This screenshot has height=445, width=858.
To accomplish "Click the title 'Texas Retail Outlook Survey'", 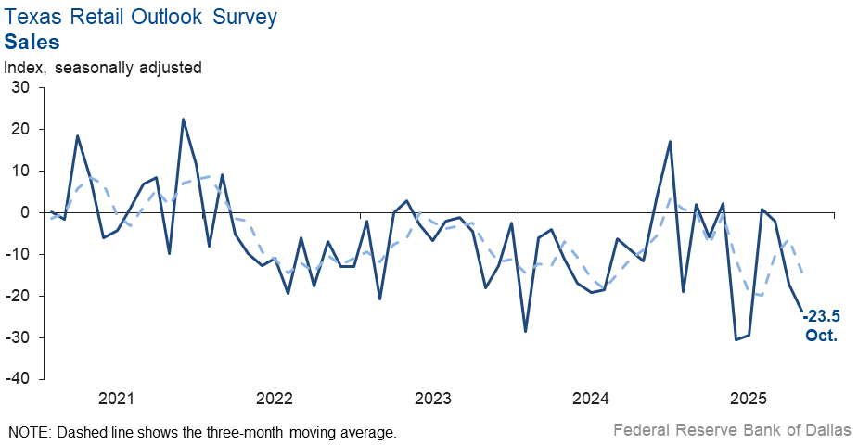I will tap(141, 19).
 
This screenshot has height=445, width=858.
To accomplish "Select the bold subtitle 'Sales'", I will tap(32, 42).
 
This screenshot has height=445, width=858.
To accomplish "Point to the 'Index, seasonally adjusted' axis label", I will tap(103, 68).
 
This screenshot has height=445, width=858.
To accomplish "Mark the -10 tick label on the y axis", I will tap(18, 254).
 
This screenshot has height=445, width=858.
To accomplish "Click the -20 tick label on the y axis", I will tap(18, 296).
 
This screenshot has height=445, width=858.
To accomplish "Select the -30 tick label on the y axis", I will tap(18, 337).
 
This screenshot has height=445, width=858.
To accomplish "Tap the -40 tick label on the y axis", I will tap(18, 379).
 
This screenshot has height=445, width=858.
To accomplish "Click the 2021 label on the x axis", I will tap(116, 400).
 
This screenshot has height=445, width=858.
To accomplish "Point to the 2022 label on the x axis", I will tap(275, 400).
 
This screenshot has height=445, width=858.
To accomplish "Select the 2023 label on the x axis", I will tap(432, 400).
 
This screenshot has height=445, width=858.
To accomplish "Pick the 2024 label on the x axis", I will tap(591, 400).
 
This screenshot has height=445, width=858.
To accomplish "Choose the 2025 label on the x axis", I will tap(749, 400).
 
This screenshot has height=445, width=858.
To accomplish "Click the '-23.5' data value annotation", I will tap(820, 317).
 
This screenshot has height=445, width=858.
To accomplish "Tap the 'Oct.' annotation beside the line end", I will tap(821, 336).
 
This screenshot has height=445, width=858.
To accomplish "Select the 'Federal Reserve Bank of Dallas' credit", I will tap(732, 431).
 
